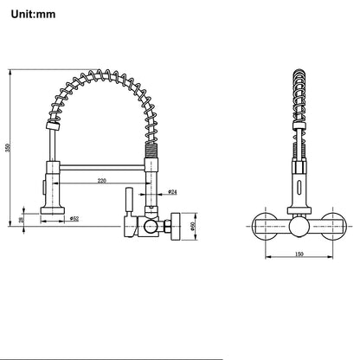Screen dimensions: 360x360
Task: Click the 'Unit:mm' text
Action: [33, 14]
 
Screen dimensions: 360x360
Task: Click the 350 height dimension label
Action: [8, 148]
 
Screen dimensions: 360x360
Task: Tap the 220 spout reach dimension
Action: [101, 181]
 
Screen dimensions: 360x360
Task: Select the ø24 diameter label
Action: [172, 191]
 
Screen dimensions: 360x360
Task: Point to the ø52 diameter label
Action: [74, 219]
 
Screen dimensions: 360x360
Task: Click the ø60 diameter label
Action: [193, 226]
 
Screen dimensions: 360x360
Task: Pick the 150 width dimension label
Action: [299, 254]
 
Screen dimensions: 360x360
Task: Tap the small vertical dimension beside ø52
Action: [21, 220]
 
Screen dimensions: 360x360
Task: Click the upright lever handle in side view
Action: [129, 201]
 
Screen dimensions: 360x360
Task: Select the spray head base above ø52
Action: [52, 210]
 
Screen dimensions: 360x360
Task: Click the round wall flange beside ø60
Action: [176, 226]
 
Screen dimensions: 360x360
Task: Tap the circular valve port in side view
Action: [151, 226]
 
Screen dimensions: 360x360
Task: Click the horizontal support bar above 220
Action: [102, 167]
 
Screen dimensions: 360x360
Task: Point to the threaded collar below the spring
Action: [151, 150]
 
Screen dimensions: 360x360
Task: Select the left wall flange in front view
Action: [265, 226]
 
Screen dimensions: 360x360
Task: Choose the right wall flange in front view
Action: [332, 226]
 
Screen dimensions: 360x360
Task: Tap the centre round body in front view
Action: [299, 228]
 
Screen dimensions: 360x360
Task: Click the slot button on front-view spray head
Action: [299, 185]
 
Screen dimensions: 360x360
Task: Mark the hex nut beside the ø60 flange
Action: [167, 226]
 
